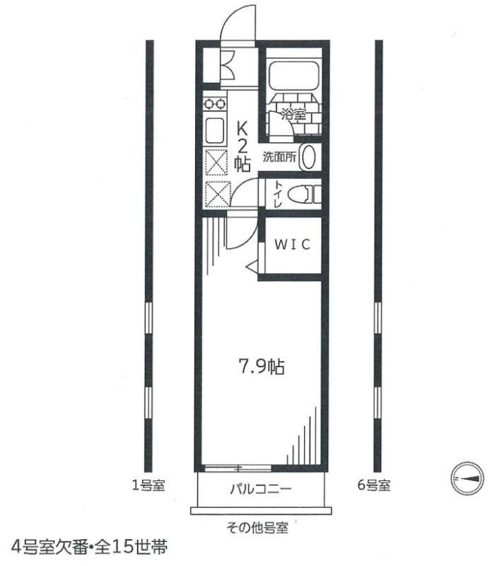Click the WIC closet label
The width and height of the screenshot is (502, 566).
(293, 245)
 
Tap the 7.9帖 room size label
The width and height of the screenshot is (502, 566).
(260, 367)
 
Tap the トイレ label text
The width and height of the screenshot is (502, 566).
(276, 193)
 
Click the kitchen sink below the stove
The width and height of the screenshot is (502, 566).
(214, 130)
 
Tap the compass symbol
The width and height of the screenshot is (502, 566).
(467, 479)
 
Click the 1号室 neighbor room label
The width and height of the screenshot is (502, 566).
(148, 485)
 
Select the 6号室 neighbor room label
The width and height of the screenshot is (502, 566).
(373, 485)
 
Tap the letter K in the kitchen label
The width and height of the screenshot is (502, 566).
(242, 129)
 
